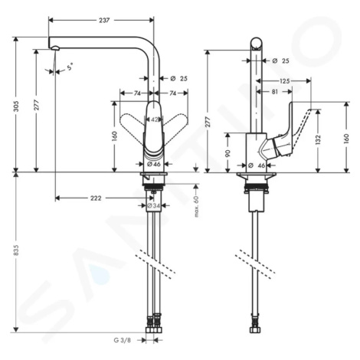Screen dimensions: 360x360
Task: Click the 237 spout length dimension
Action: tap(104, 20)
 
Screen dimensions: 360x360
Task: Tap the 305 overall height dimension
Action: tap(16, 106)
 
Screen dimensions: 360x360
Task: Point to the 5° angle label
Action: tap(70, 67)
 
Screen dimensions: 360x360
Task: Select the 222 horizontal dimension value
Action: tap(96, 198)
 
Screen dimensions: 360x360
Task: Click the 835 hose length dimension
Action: tap(16, 250)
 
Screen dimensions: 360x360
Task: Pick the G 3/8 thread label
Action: tap(122, 340)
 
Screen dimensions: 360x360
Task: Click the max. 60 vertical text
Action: tap(196, 206)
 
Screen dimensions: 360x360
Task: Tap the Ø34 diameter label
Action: tap(153, 205)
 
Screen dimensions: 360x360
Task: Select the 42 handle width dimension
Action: tap(154, 119)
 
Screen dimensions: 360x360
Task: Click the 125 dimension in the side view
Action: tap(284, 81)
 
